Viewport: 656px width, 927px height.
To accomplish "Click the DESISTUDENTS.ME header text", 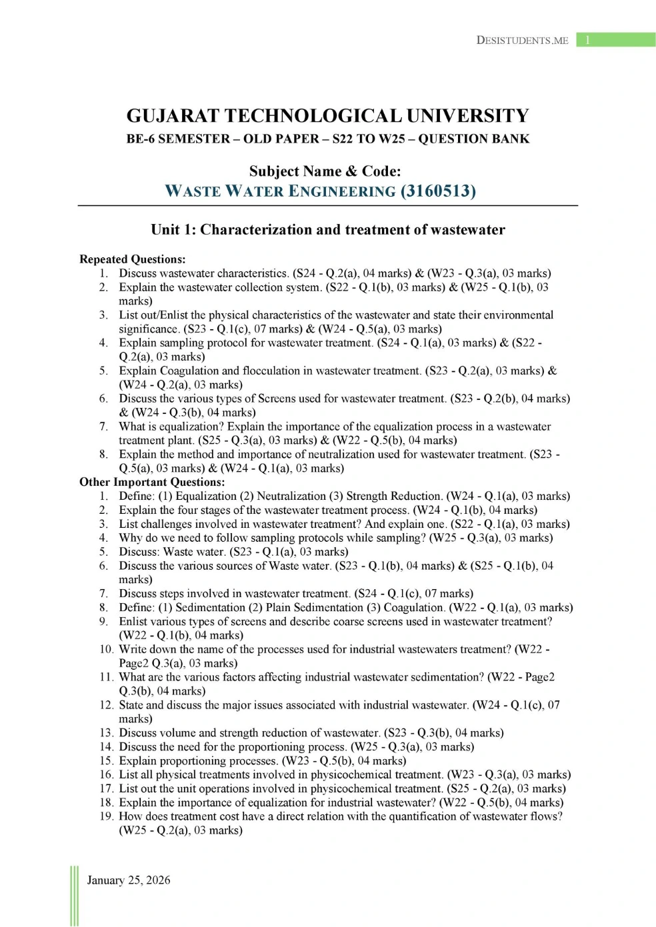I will click(x=522, y=40).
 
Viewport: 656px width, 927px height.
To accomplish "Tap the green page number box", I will click(x=615, y=40).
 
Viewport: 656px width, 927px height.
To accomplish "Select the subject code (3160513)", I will click(x=438, y=191).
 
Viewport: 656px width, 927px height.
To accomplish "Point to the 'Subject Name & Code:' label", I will click(x=325, y=171).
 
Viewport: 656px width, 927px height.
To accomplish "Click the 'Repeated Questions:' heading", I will click(x=132, y=259).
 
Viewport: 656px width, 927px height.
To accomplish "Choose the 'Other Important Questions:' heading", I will click(x=152, y=482).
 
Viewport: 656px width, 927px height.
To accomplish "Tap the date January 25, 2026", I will click(x=129, y=880).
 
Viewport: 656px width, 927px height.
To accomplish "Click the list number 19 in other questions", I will click(x=106, y=816).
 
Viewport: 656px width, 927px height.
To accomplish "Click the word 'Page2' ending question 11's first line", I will click(x=539, y=677).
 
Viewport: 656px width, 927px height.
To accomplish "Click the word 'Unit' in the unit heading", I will click(x=165, y=230).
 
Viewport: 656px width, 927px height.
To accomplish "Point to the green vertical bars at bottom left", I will click(x=74, y=896).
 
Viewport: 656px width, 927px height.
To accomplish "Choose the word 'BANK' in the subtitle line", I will click(x=510, y=139).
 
